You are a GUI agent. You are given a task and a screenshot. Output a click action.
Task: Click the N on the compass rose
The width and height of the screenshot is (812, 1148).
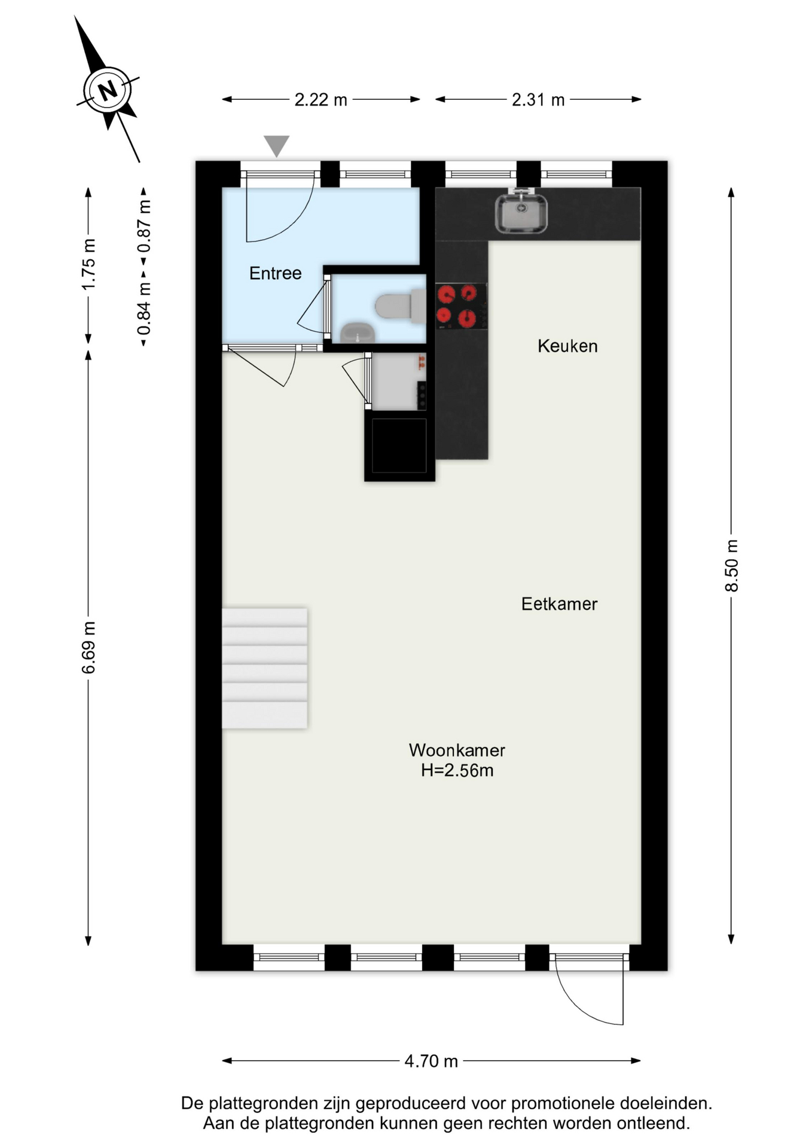[108, 91]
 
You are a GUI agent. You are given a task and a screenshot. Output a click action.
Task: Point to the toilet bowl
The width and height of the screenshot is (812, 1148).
[400, 306]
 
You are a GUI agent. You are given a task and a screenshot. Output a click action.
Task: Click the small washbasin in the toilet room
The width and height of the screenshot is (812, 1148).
[358, 332]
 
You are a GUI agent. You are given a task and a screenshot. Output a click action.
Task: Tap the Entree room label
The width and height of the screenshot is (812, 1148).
[275, 273]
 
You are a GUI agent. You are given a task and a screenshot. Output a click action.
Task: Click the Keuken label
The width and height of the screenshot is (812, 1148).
[567, 346]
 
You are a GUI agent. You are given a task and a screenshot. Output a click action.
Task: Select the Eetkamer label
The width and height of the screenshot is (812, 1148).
[559, 604]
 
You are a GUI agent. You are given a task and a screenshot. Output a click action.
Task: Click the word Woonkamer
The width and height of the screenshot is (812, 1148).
[457, 750]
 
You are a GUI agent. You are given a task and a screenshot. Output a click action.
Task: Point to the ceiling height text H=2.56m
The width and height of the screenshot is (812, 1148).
[457, 770]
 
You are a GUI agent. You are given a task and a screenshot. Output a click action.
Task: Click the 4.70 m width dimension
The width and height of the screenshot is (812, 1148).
[431, 1061]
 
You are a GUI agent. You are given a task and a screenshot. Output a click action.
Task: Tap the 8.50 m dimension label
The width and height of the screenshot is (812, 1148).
[732, 566]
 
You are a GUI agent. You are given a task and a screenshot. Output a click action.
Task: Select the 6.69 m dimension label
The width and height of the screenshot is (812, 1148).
[88, 648]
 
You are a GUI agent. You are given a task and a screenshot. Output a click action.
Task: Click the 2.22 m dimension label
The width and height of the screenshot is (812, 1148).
[320, 99]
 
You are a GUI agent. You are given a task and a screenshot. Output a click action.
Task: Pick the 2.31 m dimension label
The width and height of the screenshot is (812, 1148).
[538, 99]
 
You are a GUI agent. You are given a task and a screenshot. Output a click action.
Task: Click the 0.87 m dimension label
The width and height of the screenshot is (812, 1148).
[144, 226]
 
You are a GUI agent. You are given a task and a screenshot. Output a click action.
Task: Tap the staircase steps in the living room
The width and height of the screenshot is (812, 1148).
[264, 668]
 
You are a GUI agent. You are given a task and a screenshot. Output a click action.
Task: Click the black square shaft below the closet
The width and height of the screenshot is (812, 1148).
[399, 445]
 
